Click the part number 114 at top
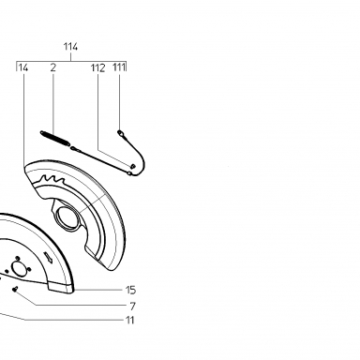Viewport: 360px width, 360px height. tap(70, 47)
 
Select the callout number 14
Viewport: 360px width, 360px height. tap(23, 67)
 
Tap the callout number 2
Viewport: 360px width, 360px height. tap(53, 67)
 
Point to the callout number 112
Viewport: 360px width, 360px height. tap(98, 67)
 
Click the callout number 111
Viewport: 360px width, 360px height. tap(119, 67)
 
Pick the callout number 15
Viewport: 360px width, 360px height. tap(130, 290)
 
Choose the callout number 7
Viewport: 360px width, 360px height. tap(132, 307)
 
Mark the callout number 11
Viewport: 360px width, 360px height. tap(129, 321)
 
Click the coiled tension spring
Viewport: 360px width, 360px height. tap(55, 138)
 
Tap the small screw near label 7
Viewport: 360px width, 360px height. tap(15, 290)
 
